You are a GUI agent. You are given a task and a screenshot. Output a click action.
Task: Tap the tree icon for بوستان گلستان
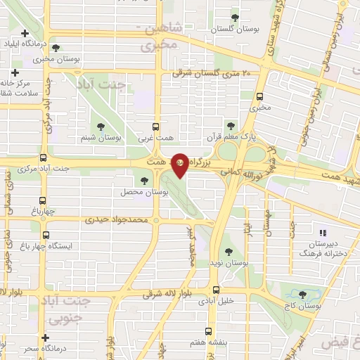[x=235, y=18]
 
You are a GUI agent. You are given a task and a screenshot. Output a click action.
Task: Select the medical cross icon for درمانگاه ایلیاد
[x=25, y=33]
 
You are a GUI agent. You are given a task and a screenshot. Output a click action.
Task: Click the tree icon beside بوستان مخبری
[x=56, y=48]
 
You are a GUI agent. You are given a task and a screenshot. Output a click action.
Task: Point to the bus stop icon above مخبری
[x=260, y=96]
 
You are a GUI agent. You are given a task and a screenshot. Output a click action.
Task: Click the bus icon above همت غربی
[x=158, y=127]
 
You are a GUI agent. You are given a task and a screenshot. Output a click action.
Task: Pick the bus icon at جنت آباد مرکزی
[x=44, y=158]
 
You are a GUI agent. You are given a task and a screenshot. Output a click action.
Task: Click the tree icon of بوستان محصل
[x=145, y=181]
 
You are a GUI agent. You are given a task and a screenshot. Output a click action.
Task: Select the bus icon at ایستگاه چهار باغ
[x=46, y=235]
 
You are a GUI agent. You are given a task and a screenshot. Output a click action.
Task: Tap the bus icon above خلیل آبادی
[x=216, y=289]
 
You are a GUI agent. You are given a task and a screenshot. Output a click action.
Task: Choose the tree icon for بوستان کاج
[x=303, y=295]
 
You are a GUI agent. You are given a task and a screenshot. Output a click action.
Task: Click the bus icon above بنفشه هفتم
[x=208, y=330]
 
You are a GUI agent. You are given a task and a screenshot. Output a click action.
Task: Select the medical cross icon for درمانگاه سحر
[x=45, y=338]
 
